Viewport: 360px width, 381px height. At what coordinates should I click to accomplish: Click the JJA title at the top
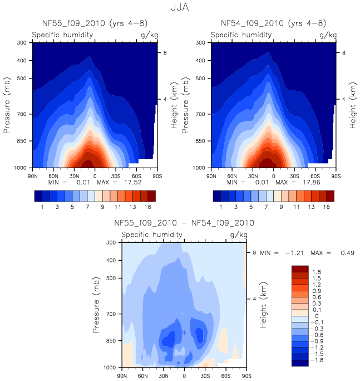[179, 8]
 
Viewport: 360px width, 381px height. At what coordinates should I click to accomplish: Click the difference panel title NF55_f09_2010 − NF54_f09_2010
[184, 223]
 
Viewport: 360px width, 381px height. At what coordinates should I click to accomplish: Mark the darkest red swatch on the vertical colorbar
[300, 268]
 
